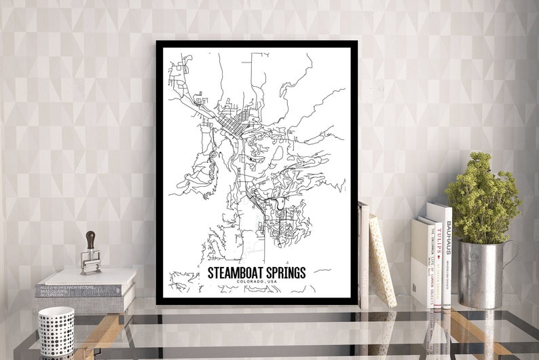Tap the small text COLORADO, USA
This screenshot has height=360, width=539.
[257, 283]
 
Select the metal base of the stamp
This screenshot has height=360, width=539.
[90, 263]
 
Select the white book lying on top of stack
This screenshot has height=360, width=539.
[87, 276]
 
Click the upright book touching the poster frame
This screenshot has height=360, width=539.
[363, 255]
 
